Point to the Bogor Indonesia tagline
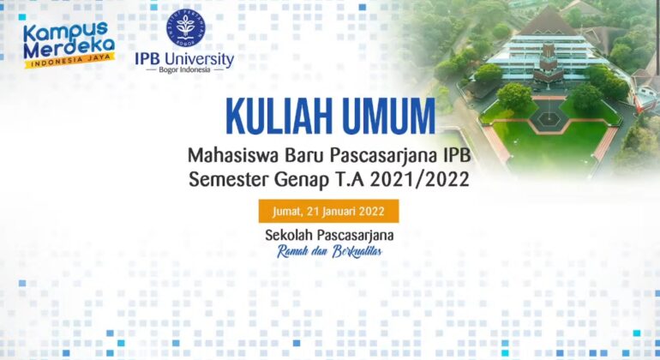[184, 70]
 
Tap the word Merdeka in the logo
[69, 49]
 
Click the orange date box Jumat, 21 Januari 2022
[329, 211]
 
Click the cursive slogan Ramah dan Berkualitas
[329, 251]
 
